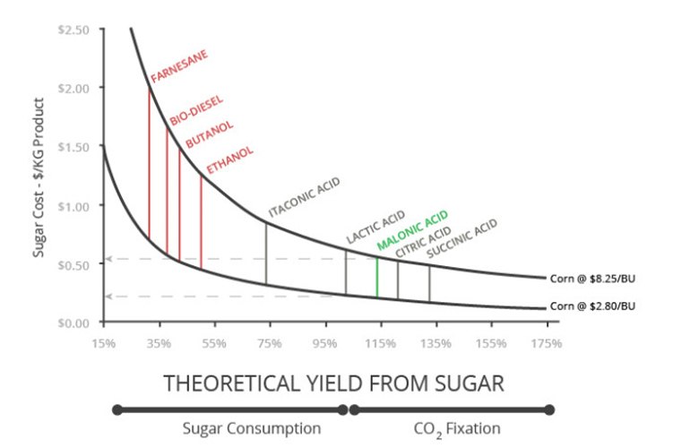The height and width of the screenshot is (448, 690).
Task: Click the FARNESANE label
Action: pyautogui.click(x=179, y=66)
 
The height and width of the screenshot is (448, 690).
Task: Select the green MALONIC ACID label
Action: pyautogui.click(x=413, y=229)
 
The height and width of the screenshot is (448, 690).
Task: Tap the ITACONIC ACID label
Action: pyautogui.click(x=304, y=197)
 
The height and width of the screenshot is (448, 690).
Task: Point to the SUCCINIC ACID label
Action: pyautogui.click(x=462, y=238)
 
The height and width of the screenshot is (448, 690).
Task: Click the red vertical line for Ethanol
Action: pyautogui.click(x=201, y=222)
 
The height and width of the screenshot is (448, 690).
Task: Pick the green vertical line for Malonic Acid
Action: pyautogui.click(x=377, y=277)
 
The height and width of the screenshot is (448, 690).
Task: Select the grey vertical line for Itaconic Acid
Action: pyautogui.click(x=266, y=254)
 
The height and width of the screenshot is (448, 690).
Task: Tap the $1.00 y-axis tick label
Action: pyautogui.click(x=73, y=206)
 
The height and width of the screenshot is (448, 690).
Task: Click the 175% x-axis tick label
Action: pyautogui.click(x=547, y=343)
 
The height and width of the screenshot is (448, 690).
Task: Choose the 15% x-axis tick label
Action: pyautogui.click(x=104, y=343)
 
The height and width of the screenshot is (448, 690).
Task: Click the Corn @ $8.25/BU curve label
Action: pyautogui.click(x=592, y=279)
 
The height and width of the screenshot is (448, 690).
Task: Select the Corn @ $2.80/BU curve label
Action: pyautogui.click(x=592, y=306)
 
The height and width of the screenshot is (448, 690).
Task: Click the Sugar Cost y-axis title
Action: pyautogui.click(x=39, y=177)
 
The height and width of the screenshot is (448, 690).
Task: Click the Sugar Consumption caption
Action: pyautogui.click(x=252, y=428)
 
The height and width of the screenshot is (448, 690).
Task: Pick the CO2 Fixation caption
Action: pyautogui.click(x=457, y=429)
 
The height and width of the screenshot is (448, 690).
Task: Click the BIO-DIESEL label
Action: pyautogui.click(x=197, y=110)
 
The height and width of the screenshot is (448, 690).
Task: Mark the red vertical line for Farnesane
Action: pyautogui.click(x=149, y=164)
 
